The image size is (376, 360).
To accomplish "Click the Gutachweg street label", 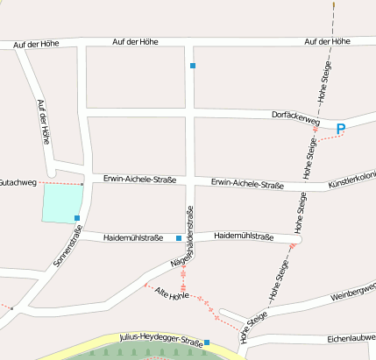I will point(18,182).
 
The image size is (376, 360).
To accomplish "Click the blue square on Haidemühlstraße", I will point(179,237).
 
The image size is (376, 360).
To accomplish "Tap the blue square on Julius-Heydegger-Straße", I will point(207,342).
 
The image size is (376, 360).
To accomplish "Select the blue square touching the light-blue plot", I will point(77,217).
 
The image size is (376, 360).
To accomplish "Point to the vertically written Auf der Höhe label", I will point(44,122).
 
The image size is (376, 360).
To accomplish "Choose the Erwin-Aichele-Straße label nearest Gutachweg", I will point(139,180).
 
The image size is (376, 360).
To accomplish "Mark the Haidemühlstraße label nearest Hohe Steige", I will point(245,236).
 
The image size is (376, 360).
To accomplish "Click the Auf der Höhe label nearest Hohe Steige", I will point(327,41).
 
